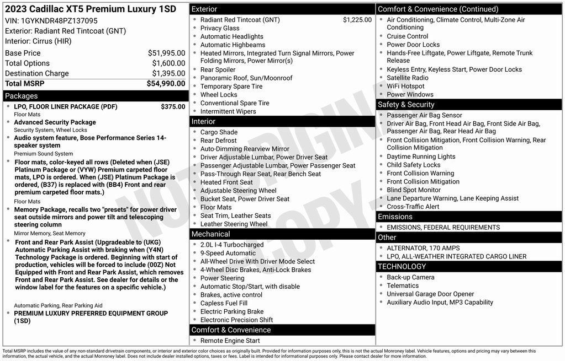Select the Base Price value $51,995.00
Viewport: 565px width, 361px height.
click(166, 53)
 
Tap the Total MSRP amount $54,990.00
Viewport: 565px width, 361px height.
click(166, 84)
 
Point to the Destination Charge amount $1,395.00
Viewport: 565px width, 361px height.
click(168, 73)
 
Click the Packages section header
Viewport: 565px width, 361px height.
click(22, 96)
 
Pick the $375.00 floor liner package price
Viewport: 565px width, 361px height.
click(173, 107)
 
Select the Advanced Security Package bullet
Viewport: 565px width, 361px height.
click(55, 122)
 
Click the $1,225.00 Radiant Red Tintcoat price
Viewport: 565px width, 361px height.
click(357, 20)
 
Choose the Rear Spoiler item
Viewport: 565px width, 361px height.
click(218, 70)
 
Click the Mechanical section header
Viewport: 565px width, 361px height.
click(210, 234)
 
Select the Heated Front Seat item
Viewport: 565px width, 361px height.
click(226, 182)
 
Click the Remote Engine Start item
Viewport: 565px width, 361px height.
click(230, 341)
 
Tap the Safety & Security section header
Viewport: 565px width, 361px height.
click(406, 105)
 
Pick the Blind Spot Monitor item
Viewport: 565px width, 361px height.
click(414, 190)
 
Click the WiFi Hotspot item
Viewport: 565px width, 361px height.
click(405, 86)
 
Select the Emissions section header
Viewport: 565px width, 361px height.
click(395, 217)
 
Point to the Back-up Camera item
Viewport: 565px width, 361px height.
click(410, 277)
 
